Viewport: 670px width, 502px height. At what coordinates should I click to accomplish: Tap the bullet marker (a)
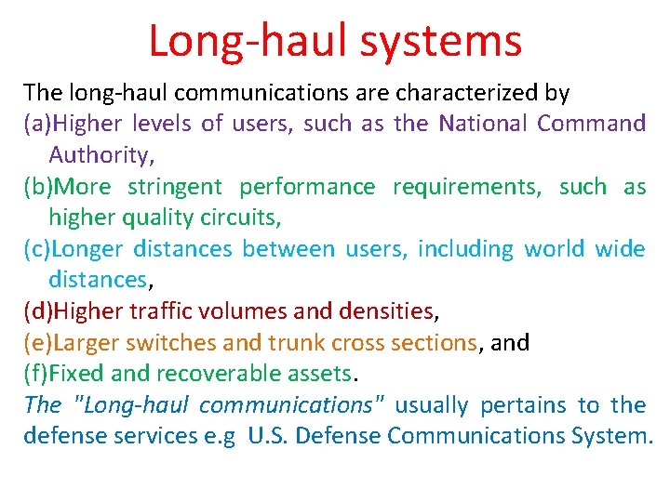click(x=39, y=124)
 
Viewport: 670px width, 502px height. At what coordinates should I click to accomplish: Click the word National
click(x=483, y=124)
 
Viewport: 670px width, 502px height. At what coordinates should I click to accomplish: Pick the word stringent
click(x=175, y=187)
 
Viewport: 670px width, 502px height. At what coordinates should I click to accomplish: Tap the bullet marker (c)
click(x=38, y=249)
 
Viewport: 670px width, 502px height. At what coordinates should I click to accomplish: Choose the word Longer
click(x=88, y=249)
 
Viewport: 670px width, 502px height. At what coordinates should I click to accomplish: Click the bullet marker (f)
click(x=36, y=374)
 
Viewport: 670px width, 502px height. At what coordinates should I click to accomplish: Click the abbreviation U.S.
click(x=269, y=436)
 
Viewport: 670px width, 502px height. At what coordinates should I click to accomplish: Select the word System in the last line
click(x=607, y=436)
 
